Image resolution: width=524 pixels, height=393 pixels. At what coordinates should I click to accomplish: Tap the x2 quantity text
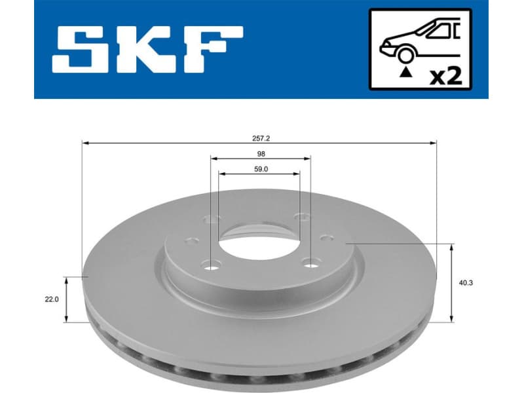click(449, 76)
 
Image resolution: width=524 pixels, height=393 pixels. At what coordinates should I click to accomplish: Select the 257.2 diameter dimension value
click(259, 139)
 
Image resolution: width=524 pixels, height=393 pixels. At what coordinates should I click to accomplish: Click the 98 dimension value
click(260, 155)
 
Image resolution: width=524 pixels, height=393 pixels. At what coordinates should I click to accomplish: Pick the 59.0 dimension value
click(260, 169)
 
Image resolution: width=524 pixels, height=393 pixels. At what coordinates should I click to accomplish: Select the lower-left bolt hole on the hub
click(210, 265)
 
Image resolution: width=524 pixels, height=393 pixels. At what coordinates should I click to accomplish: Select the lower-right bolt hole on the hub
click(308, 263)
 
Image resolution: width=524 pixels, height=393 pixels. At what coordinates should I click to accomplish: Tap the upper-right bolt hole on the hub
click(301, 217)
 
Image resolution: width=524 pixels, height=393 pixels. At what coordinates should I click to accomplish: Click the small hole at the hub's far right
click(326, 240)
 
